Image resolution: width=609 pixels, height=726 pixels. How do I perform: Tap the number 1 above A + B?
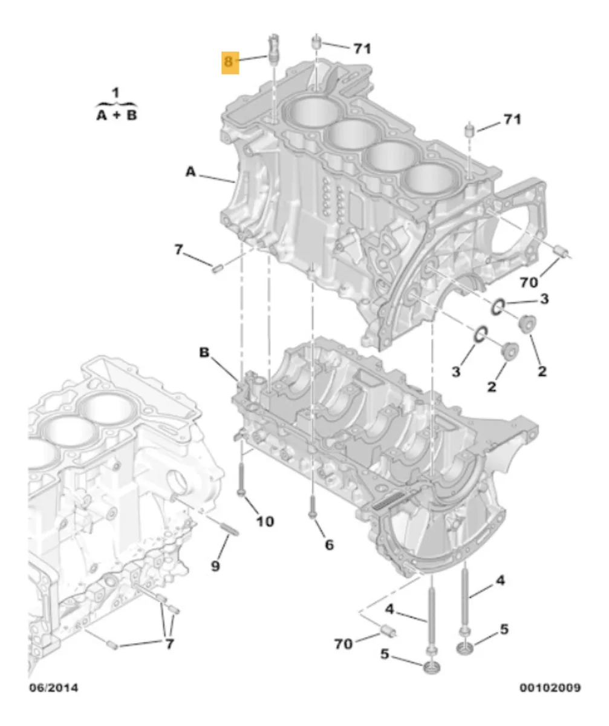[116, 93]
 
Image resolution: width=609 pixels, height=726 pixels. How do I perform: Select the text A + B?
[117, 114]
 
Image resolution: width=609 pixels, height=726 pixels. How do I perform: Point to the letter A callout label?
[191, 172]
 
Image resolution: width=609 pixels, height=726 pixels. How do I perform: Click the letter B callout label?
[204, 352]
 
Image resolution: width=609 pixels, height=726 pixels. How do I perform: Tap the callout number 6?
[328, 544]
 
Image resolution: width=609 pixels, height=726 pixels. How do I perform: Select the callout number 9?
[215, 566]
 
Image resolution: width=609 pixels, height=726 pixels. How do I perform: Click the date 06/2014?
[53, 688]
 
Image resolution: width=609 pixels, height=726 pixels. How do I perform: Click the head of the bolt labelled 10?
[241, 493]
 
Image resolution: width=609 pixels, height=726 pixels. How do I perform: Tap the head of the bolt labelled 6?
[312, 514]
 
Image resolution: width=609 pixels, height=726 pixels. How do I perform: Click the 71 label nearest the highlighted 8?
[362, 48]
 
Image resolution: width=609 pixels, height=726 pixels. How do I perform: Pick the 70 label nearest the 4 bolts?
[343, 644]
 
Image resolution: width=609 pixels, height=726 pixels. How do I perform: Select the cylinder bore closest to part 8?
[315, 113]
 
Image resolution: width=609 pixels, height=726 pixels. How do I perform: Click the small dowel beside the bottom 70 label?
[387, 632]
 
